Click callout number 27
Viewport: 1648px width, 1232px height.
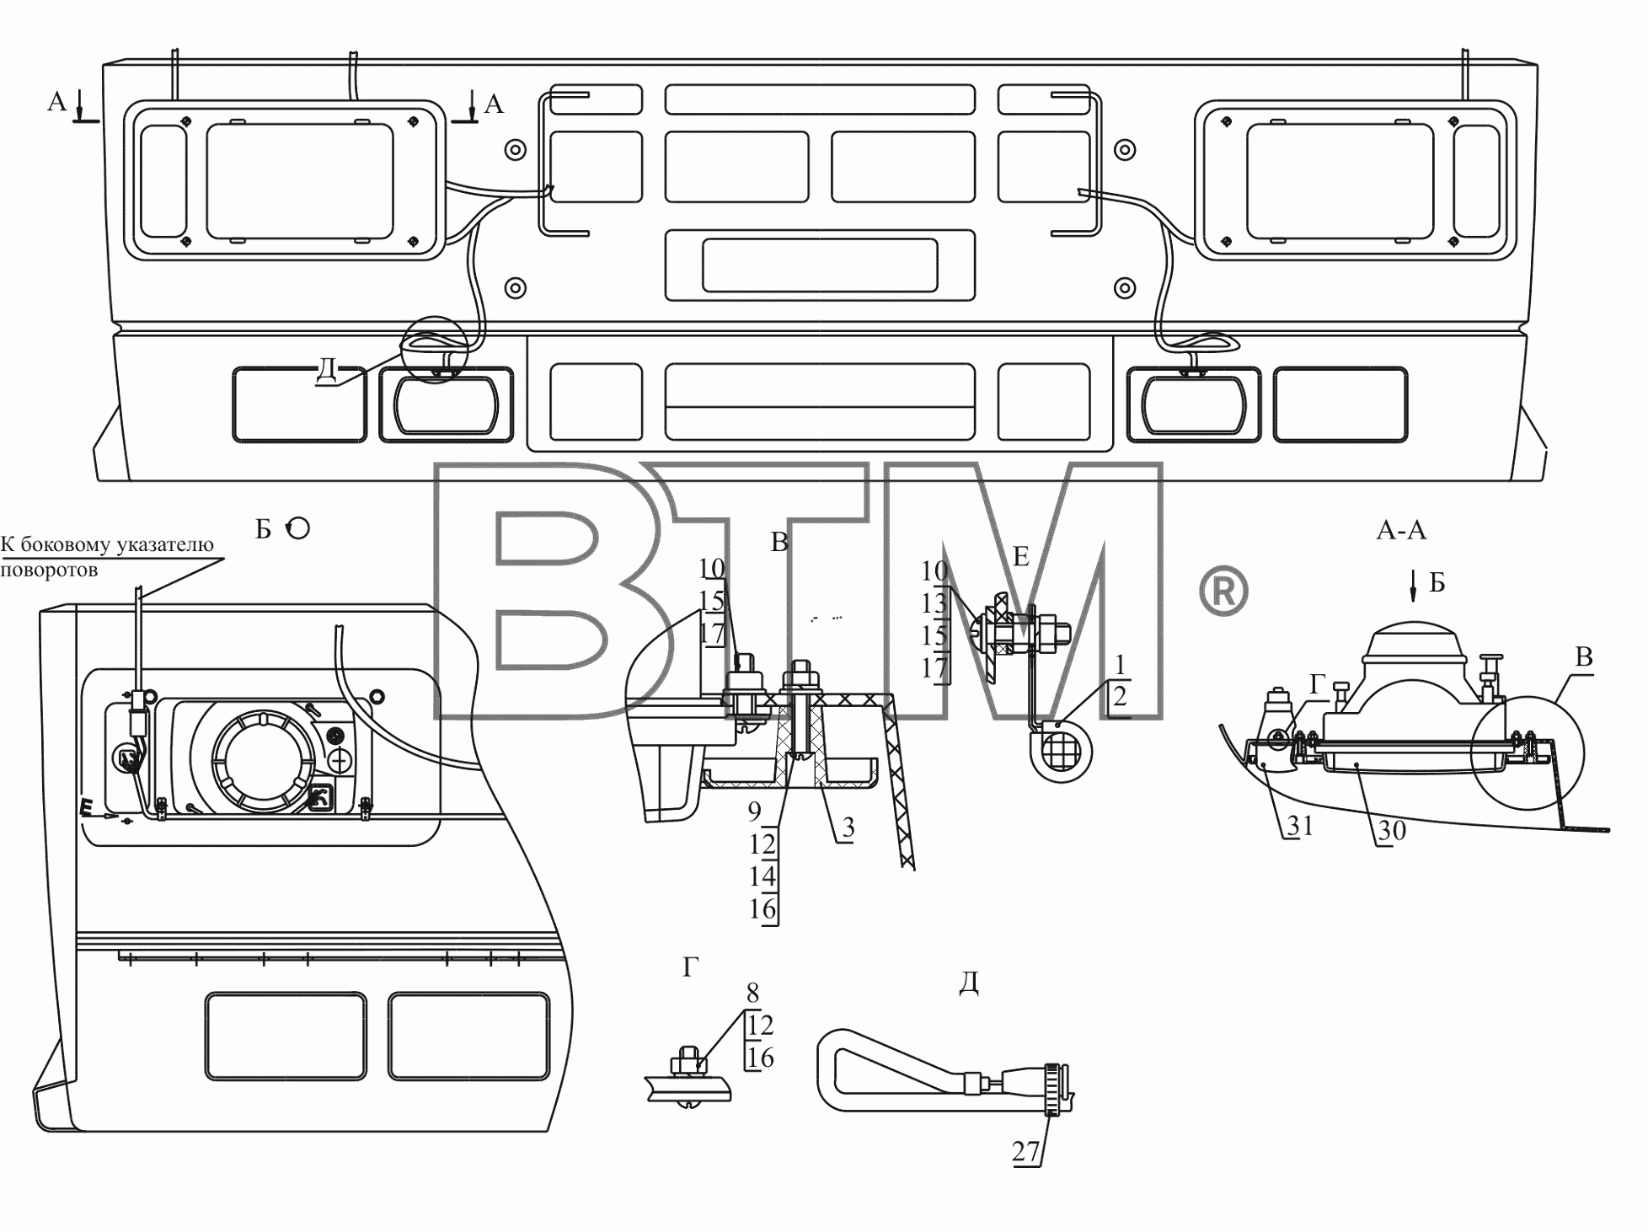[1025, 1152]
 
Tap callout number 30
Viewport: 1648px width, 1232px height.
[1393, 831]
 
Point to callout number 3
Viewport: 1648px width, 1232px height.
[848, 828]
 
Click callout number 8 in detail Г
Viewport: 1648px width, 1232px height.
[752, 992]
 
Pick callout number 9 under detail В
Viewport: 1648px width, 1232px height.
[754, 811]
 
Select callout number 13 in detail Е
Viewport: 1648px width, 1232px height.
[934, 603]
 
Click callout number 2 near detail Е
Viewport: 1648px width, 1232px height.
[1120, 697]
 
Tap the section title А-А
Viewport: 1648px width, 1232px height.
[1401, 530]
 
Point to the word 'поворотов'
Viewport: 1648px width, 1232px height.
[49, 570]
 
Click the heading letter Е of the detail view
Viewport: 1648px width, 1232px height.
[1021, 556]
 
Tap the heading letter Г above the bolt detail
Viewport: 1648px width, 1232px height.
[691, 968]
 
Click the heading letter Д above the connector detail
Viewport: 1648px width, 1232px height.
[969, 983]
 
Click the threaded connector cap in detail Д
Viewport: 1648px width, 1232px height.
[1054, 1089]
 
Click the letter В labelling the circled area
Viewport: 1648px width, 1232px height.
[1584, 657]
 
